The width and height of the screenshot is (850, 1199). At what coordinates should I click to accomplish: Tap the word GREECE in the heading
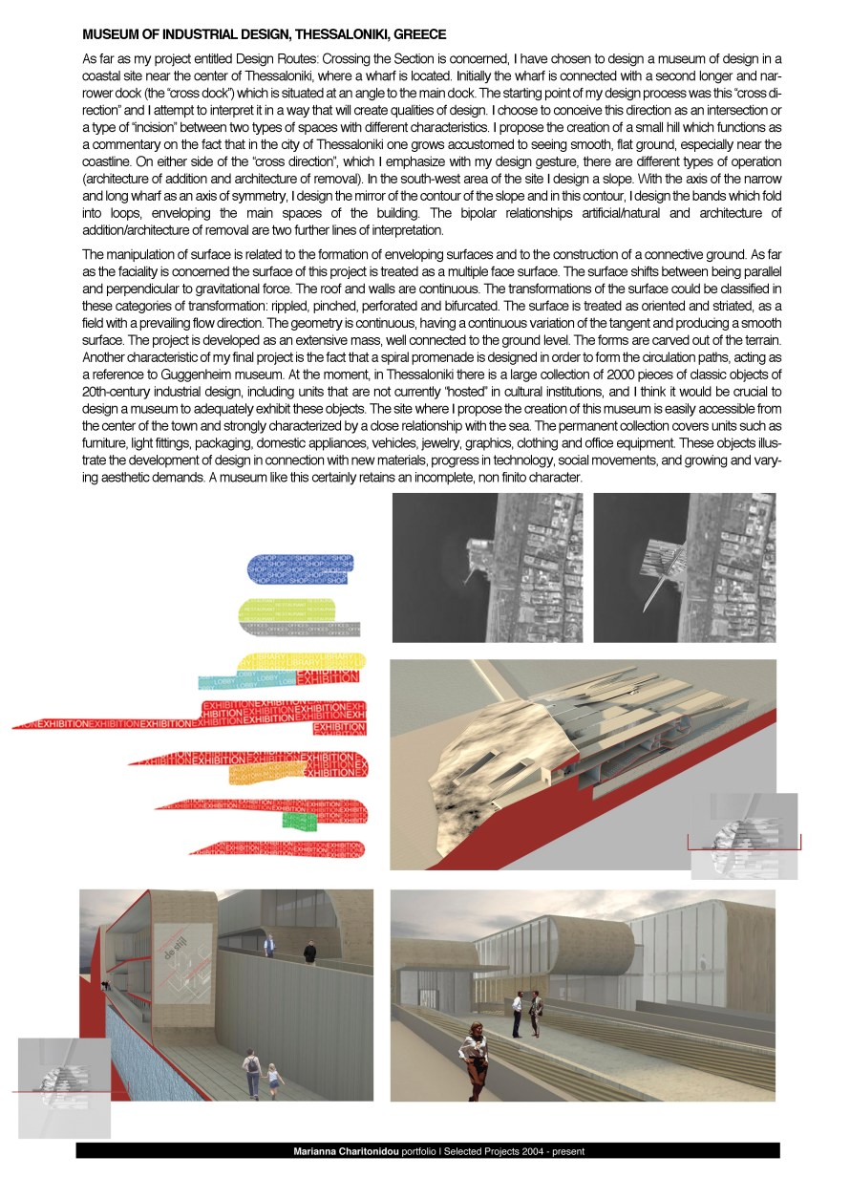420,35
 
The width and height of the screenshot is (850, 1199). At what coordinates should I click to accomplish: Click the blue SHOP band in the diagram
299,567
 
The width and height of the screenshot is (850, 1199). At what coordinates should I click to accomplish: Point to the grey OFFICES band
306,629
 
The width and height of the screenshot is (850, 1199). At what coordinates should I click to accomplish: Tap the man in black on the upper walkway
309,953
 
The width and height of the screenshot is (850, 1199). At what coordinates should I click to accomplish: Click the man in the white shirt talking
517,1010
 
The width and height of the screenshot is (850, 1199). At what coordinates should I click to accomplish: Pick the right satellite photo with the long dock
685,567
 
